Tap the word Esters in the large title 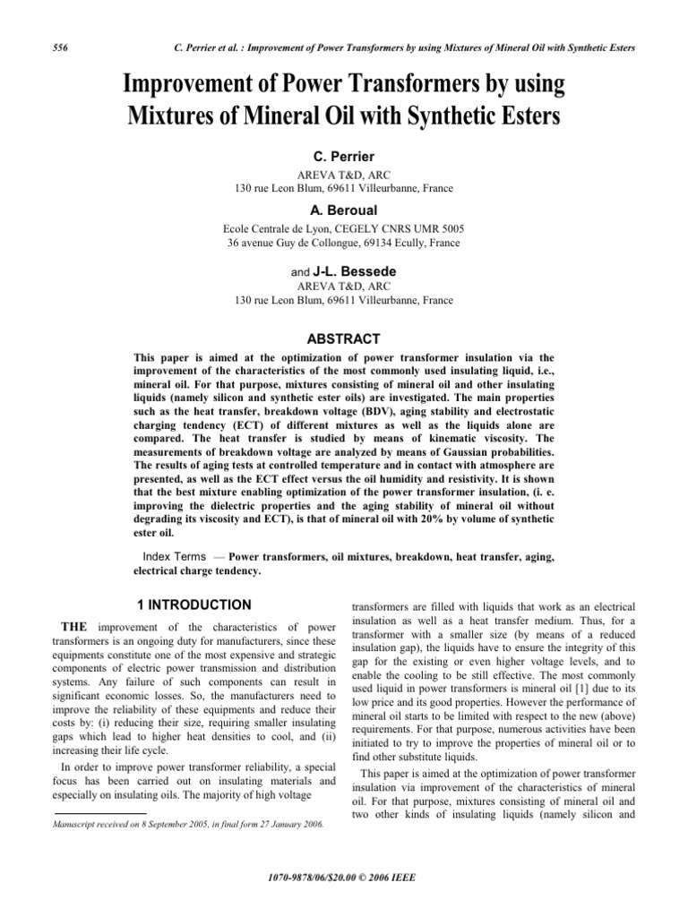point(516,117)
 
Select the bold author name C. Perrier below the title point(344,155)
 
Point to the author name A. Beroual point(344,210)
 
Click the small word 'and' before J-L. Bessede point(300,271)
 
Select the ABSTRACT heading point(344,339)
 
